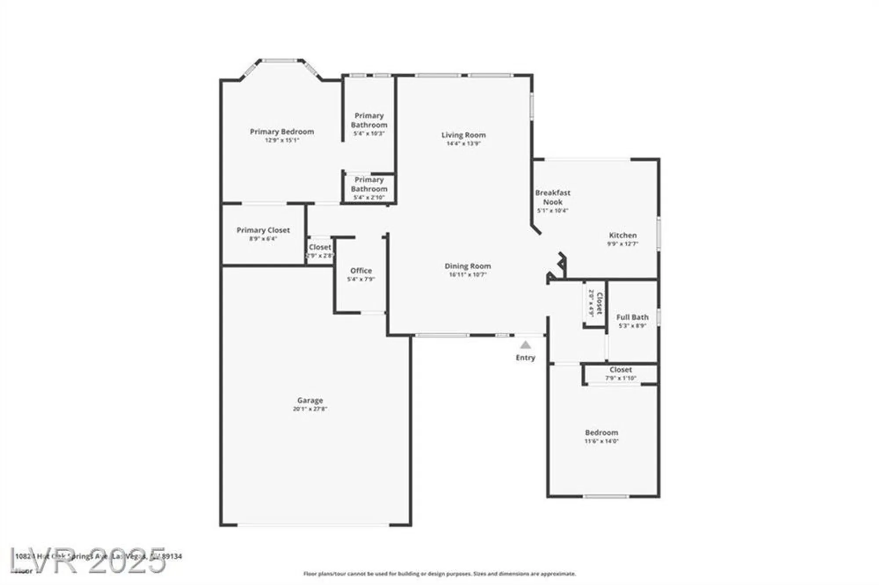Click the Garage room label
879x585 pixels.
(310, 400)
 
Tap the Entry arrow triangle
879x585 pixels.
(526, 345)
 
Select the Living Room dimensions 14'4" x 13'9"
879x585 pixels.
(463, 144)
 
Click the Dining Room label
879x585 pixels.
(468, 266)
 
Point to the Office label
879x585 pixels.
(361, 271)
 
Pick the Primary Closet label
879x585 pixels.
(263, 230)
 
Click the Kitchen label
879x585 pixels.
(622, 235)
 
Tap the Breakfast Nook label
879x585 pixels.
(552, 197)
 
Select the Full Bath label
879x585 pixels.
(632, 317)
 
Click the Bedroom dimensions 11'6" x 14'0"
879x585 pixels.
(601, 441)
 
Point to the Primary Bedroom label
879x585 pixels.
(282, 131)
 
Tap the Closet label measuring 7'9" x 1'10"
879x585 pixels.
(621, 370)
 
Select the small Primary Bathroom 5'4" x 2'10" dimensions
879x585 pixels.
(369, 198)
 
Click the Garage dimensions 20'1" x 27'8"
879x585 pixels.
(310, 409)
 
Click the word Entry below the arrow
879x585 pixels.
(526, 357)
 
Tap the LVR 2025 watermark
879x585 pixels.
(88, 561)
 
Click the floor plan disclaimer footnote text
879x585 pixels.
(439, 574)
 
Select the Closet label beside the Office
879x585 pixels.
(320, 247)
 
